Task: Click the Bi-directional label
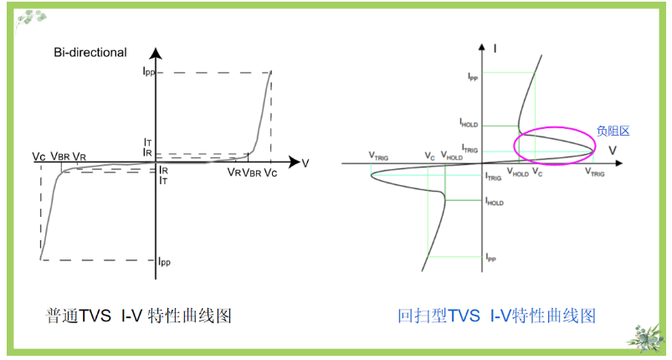[90, 53]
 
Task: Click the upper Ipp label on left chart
[148, 72]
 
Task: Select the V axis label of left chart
[305, 163]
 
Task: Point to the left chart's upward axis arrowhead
[156, 54]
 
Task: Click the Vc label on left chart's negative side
[39, 157]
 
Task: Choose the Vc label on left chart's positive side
[270, 172]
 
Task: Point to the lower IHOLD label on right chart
[495, 203]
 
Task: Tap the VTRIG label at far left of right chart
[377, 156]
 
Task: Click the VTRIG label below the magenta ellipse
[595, 172]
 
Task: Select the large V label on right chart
[613, 150]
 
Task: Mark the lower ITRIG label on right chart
[494, 177]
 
